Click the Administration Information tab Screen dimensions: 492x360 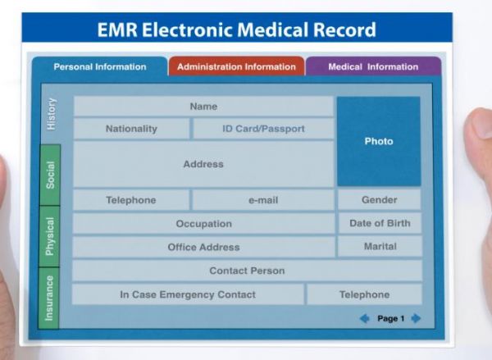point(236,66)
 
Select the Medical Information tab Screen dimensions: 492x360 point(373,66)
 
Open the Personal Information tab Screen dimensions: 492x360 point(100,66)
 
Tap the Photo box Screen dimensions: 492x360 point(379,141)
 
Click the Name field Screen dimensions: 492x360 point(203,107)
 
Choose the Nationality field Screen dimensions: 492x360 point(131,129)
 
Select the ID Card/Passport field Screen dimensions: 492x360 point(263,129)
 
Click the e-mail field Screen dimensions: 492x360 point(263,200)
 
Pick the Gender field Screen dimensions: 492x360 point(380,199)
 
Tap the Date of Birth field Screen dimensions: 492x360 point(380,223)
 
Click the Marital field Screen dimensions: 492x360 point(380,246)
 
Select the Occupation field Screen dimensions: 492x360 point(204,224)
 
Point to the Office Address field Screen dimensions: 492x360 point(203,248)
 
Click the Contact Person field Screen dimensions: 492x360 point(248,271)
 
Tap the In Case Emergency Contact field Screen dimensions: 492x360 point(188,294)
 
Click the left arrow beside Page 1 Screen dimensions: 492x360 point(364,318)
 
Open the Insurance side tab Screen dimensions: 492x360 point(49,298)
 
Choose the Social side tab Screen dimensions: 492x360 point(50,175)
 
